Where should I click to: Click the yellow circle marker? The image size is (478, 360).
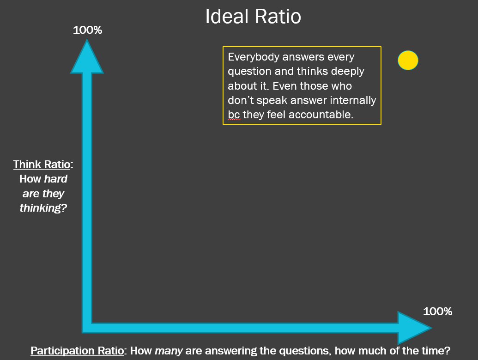click(x=408, y=61)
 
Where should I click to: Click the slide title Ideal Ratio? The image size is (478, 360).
click(x=253, y=16)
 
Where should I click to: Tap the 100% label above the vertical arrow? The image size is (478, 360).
click(x=87, y=30)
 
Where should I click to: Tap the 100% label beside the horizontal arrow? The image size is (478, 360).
click(x=437, y=311)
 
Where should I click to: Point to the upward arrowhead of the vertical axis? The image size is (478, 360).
click(x=87, y=57)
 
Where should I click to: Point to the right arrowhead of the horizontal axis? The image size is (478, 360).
click(x=415, y=328)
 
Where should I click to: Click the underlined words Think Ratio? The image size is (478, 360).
click(x=42, y=165)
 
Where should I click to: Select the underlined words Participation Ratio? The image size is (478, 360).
click(x=77, y=351)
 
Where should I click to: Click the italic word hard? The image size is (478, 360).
click(x=55, y=179)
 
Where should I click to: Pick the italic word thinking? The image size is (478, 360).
click(x=43, y=208)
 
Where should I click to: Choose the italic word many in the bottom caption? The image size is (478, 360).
click(x=169, y=351)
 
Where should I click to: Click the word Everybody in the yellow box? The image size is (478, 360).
click(x=254, y=57)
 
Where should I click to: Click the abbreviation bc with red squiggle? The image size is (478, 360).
click(x=234, y=115)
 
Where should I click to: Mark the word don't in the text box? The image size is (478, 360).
click(x=241, y=100)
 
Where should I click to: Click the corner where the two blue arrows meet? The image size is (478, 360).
click(x=87, y=328)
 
